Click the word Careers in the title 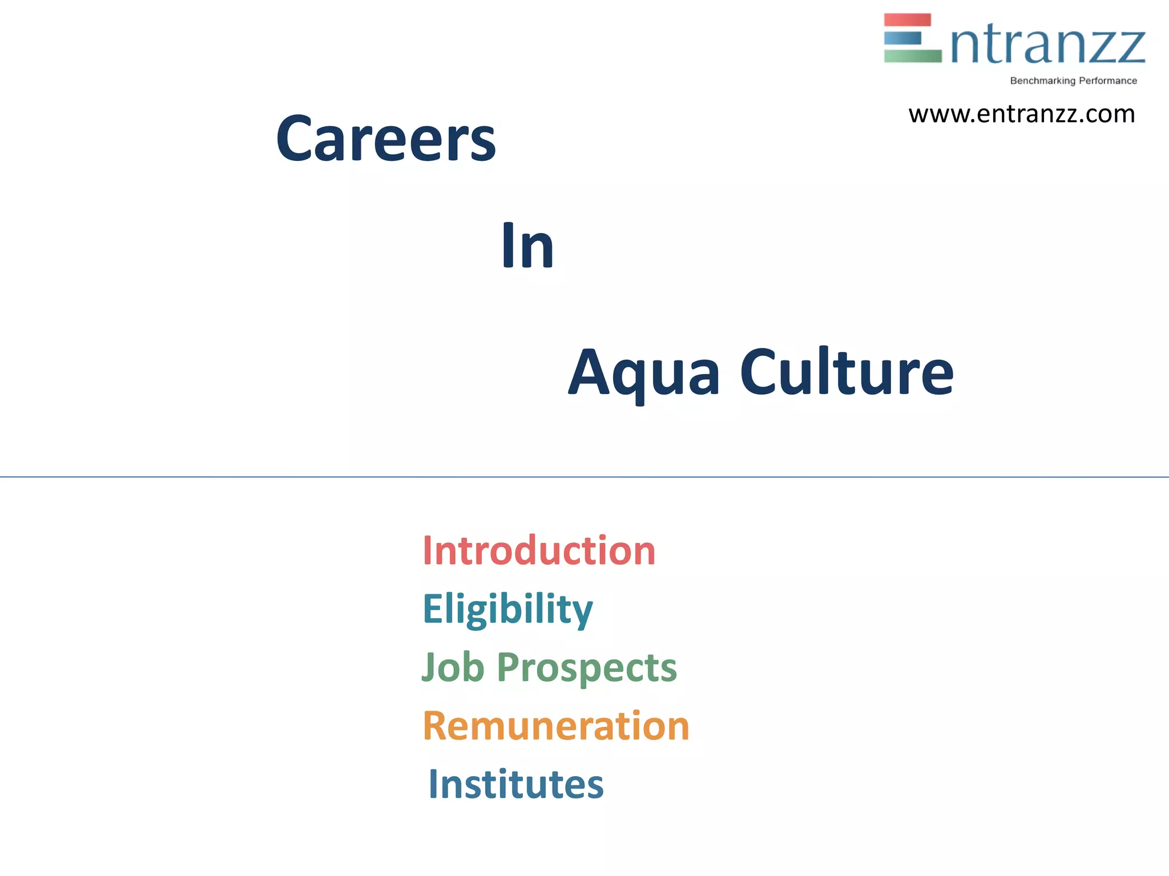point(386,139)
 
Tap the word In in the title point(527,246)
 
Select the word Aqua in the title point(644,374)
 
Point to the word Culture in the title point(846,371)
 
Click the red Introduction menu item point(539,551)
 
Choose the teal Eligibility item point(507,610)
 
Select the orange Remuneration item point(556,726)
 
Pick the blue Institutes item point(515,784)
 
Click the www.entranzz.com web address point(1022,114)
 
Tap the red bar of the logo point(908,20)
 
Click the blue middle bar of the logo point(902,38)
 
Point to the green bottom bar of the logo point(913,56)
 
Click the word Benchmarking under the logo point(1042,81)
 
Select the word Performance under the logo point(1108,81)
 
